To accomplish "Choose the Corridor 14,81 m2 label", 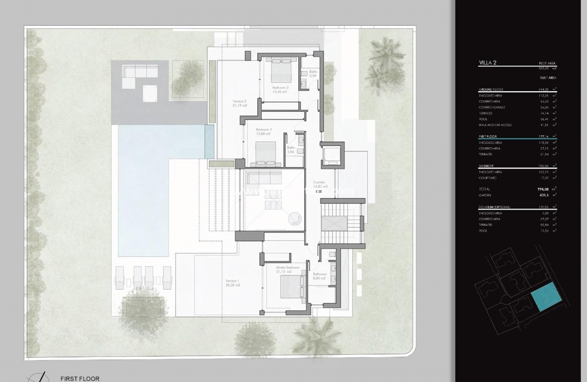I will [x=320, y=185].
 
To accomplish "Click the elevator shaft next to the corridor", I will [x=332, y=154].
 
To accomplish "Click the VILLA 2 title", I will [x=488, y=63].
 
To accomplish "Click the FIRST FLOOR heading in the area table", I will [x=488, y=137].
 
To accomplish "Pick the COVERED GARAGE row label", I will [x=492, y=107].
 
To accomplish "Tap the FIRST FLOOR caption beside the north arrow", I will [x=80, y=378].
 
